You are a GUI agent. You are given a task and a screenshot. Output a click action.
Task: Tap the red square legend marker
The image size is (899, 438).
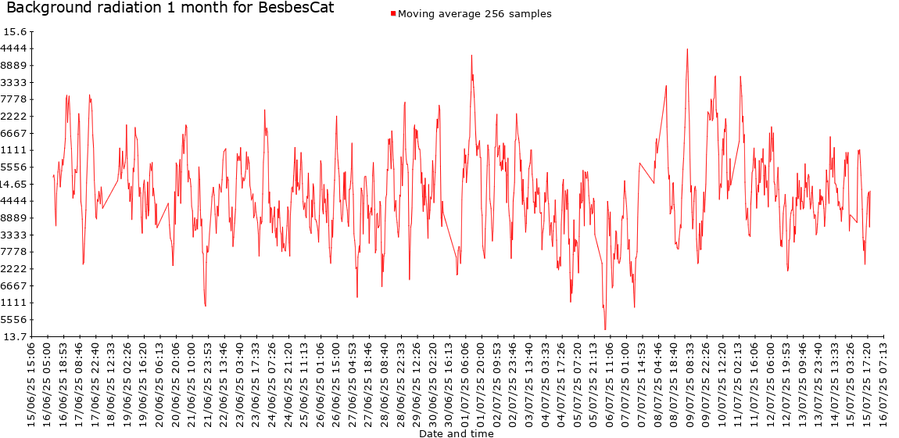(x=392, y=14)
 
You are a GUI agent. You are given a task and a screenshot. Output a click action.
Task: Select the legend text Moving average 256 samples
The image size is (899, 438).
(x=475, y=14)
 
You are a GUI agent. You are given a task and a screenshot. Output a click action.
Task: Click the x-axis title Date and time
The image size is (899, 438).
(x=456, y=433)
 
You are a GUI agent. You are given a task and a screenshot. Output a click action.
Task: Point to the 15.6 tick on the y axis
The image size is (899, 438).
(x=15, y=32)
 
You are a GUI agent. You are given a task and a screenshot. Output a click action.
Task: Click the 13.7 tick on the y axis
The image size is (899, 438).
(x=15, y=336)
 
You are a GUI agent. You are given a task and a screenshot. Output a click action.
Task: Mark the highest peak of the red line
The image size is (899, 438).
(x=687, y=49)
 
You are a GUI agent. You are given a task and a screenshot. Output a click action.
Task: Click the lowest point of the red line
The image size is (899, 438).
(x=605, y=329)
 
